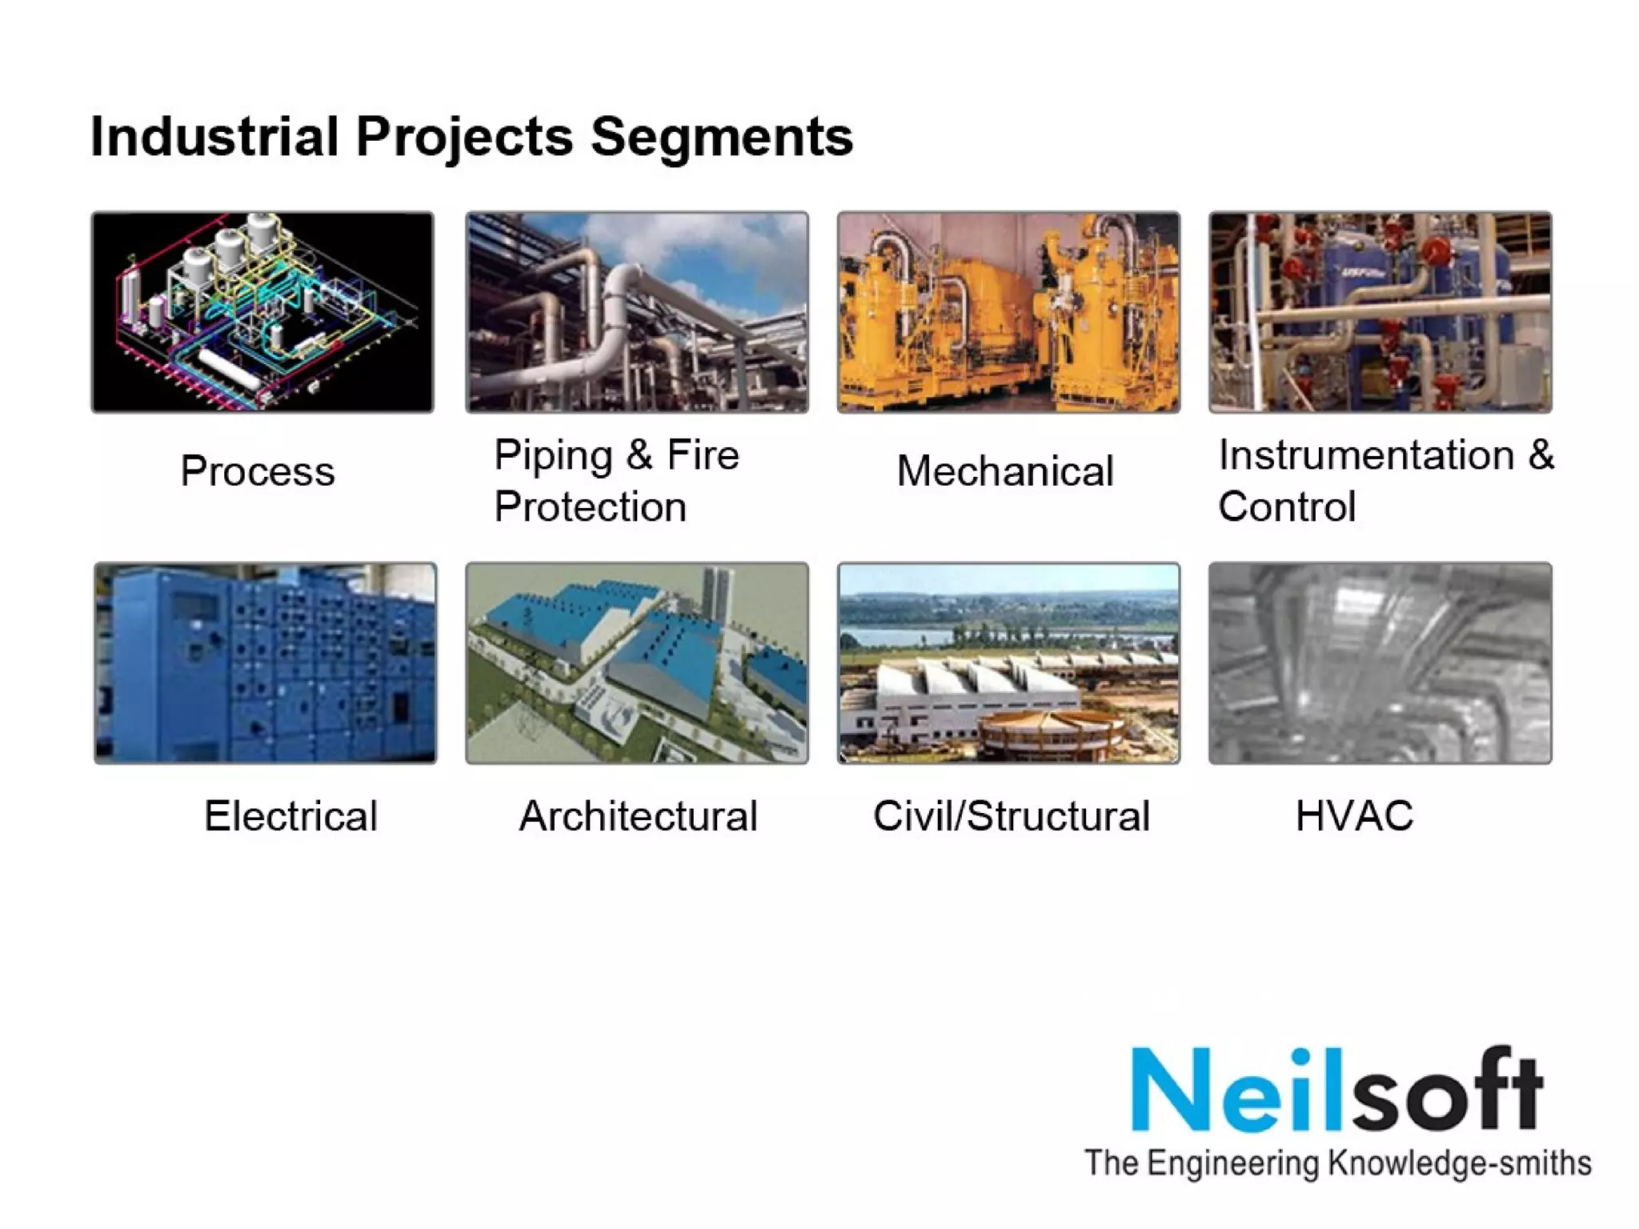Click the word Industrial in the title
[214, 136]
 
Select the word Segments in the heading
[722, 138]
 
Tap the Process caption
[257, 470]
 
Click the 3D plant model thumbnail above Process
[262, 312]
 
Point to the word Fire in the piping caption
[703, 454]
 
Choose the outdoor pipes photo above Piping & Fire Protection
[637, 312]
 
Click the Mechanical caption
[1005, 470]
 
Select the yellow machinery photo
[1008, 312]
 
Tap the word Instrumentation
[1366, 454]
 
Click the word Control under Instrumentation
[1287, 506]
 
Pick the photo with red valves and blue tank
[1380, 312]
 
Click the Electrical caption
[291, 816]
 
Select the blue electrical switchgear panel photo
[266, 663]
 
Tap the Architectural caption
[638, 816]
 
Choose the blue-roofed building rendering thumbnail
[637, 663]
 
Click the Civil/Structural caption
[1012, 816]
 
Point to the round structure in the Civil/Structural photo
[1048, 732]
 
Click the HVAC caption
[1354, 816]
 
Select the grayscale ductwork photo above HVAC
[1380, 663]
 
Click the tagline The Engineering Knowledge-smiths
[1337, 1163]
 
